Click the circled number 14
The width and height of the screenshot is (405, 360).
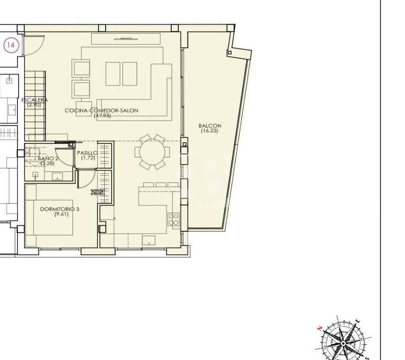[11, 45]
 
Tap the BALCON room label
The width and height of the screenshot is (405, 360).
[210, 126]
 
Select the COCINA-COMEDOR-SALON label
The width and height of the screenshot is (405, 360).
[102, 110]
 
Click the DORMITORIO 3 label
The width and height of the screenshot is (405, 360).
[60, 209]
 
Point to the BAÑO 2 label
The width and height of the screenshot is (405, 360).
[48, 158]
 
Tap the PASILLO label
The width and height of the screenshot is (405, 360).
[87, 153]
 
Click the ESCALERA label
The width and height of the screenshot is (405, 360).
[34, 100]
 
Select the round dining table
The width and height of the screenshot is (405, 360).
[152, 152]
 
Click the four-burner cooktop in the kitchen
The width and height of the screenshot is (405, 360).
[174, 219]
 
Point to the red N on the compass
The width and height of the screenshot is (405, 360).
[320, 328]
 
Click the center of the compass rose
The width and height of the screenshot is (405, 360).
[343, 343]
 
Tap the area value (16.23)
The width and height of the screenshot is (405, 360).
[209, 130]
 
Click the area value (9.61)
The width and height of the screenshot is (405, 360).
[62, 214]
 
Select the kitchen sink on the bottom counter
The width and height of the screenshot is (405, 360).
[149, 240]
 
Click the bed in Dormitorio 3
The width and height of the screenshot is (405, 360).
[53, 217]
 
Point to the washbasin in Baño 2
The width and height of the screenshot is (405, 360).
[57, 176]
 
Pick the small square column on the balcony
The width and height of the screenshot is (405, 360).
[229, 53]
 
